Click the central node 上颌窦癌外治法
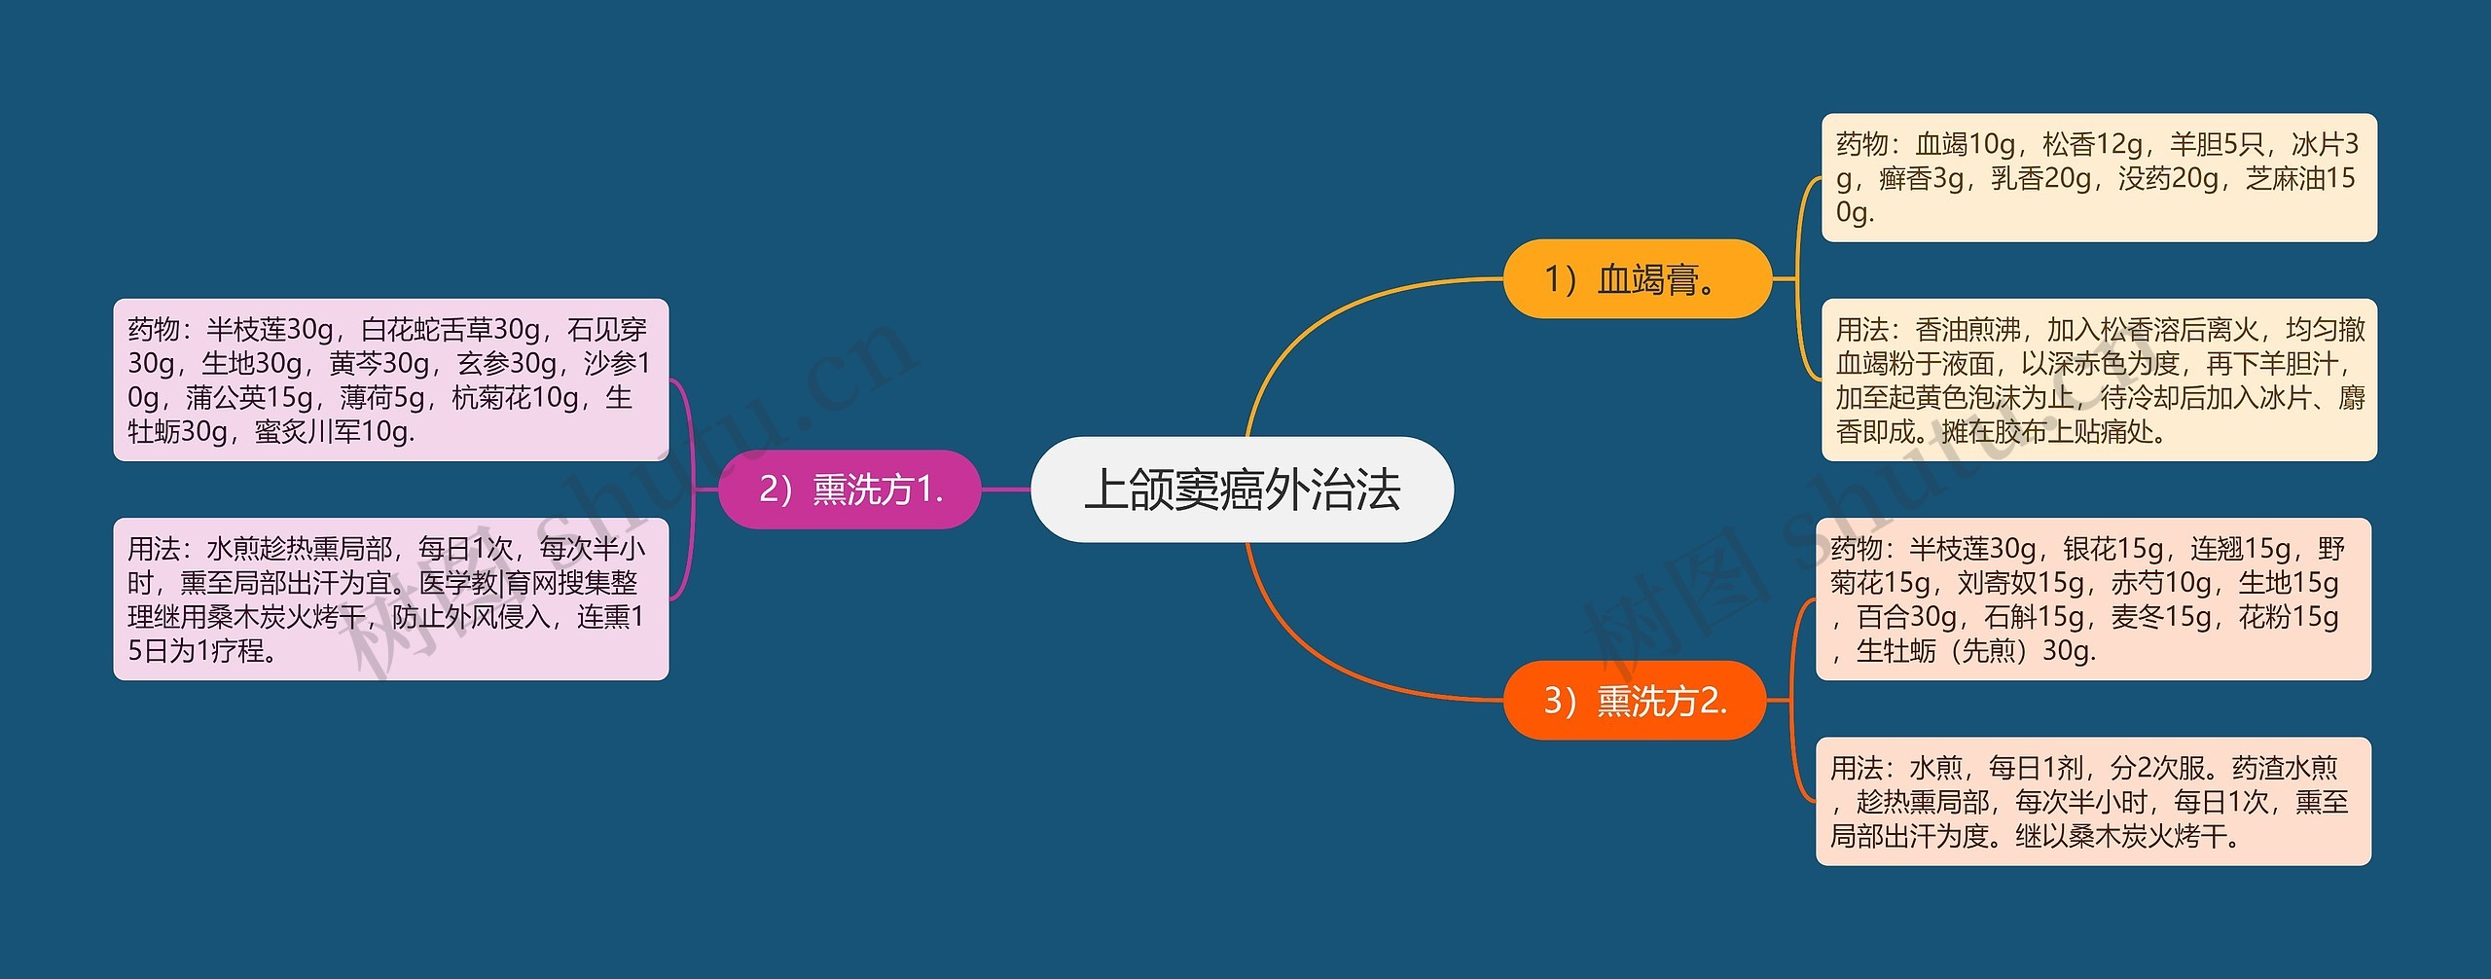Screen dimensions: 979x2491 pos(1242,489)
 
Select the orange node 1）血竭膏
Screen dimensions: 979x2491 pos(1637,279)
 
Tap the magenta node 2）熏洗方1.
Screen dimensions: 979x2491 pos(849,489)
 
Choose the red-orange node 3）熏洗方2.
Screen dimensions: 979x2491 pos(1635,701)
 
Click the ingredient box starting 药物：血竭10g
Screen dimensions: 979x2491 pos(2098,178)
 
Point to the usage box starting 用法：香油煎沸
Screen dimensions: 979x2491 pos(2098,381)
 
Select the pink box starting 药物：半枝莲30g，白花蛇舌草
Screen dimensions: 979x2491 pos(390,381)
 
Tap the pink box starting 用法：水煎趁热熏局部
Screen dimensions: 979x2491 pos(390,599)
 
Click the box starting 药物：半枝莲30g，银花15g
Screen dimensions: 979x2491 pos(2092,599)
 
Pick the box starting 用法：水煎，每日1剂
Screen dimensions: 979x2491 pos(2092,802)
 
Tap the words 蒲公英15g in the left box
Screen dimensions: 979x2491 pos(249,398)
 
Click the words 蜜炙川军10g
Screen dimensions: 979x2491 pos(335,432)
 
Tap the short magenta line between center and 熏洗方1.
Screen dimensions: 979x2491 pos(1005,489)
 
